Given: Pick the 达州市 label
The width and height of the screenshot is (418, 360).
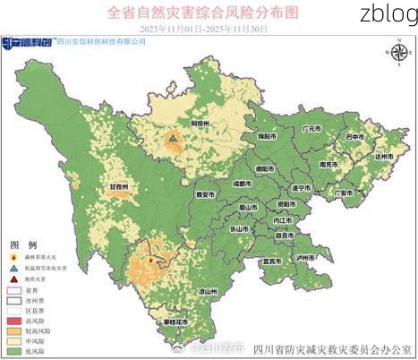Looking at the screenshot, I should (384, 157).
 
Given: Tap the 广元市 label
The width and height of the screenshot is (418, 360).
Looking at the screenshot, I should (311, 129).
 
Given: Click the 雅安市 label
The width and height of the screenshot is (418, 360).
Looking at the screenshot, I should (205, 193).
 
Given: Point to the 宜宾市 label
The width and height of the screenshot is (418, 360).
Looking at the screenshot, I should (271, 261).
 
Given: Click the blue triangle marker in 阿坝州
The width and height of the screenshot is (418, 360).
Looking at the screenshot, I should (171, 139).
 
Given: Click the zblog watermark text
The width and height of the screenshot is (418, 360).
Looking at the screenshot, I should (386, 13).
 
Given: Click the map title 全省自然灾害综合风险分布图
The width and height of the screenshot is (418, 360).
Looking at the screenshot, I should (202, 13).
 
